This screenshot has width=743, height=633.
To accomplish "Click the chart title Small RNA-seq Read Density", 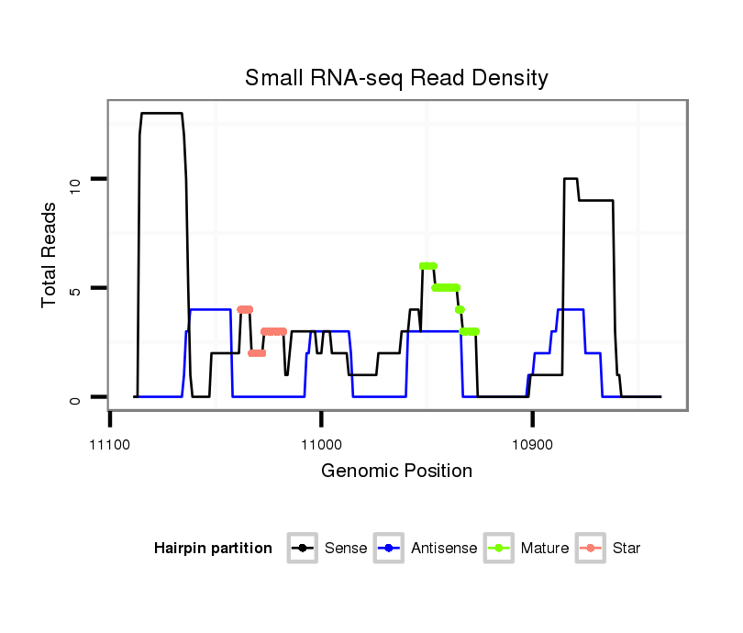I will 396,78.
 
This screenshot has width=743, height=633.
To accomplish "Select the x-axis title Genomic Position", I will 396,472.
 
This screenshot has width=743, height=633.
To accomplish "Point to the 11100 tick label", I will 111,445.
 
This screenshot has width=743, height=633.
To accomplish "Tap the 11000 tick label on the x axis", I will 321,445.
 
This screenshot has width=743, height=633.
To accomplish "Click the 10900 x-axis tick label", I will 532,445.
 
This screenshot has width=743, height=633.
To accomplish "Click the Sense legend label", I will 346,549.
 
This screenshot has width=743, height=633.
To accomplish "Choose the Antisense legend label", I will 444,549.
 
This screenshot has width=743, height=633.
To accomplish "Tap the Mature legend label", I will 545,549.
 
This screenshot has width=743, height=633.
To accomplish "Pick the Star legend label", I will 627,549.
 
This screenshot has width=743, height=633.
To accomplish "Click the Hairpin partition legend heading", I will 213,549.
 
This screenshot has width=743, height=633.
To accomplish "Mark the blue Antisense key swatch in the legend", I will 391,549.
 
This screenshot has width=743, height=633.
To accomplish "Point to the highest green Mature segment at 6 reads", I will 427,266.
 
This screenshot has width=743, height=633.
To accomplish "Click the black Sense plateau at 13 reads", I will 161,113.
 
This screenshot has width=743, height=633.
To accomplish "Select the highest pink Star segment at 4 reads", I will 244,309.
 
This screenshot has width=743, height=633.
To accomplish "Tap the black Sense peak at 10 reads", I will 571,179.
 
